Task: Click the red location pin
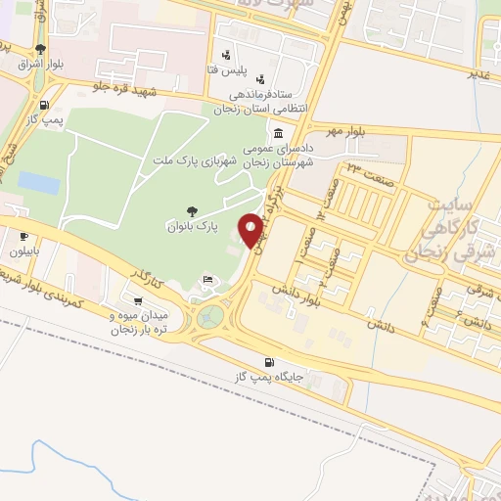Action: [x=251, y=229]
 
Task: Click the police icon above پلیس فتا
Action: [x=228, y=55]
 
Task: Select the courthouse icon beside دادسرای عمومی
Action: [x=280, y=133]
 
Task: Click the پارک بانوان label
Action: [x=190, y=226]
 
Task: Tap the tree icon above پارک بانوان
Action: [x=191, y=210]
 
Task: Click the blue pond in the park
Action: [x=38, y=182]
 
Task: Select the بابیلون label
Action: [x=24, y=250]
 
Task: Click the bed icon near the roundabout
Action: [x=207, y=281]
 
